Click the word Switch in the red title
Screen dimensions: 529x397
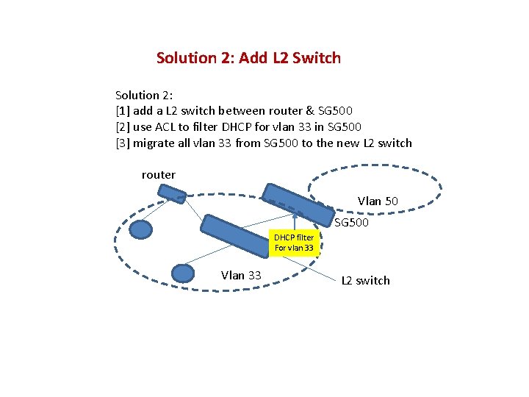(x=317, y=57)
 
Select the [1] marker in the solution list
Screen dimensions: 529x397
(x=123, y=111)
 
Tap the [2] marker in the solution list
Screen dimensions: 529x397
(x=123, y=127)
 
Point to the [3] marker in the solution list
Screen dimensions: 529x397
(x=123, y=143)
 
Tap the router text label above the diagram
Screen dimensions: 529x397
(x=159, y=175)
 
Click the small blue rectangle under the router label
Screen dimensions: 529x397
(x=172, y=193)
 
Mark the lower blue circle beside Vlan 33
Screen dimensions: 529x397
(x=182, y=273)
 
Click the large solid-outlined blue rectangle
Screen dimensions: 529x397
(x=242, y=240)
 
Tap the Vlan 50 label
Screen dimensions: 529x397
(x=378, y=201)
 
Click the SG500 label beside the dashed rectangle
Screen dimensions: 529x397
(x=351, y=223)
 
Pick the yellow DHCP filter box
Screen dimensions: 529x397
(x=294, y=243)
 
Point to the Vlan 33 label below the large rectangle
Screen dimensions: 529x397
(x=241, y=276)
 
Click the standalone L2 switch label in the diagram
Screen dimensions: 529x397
(x=365, y=281)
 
